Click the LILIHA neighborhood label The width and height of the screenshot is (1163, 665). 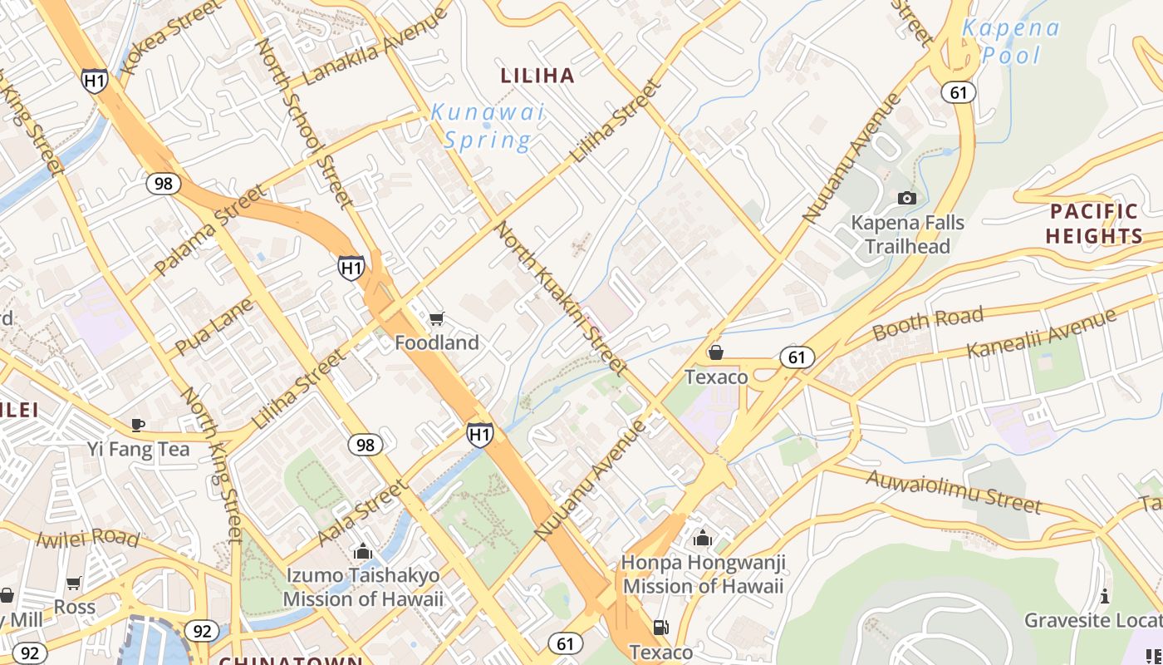[537, 76]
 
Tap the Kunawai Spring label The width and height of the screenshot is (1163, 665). [487, 126]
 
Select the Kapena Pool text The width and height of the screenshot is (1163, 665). [1010, 42]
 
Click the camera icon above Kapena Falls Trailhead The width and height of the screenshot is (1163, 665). [907, 198]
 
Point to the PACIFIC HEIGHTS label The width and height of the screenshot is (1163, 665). [1094, 224]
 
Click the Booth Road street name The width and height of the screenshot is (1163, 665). [928, 325]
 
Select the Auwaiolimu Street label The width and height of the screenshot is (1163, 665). [953, 490]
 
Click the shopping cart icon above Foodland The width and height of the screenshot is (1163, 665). [437, 318]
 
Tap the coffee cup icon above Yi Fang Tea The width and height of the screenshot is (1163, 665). [138, 425]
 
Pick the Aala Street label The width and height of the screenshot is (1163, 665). [362, 513]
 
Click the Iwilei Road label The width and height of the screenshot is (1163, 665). [87, 538]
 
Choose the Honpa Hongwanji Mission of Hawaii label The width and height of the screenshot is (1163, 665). [703, 574]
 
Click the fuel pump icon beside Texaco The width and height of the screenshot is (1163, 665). [660, 628]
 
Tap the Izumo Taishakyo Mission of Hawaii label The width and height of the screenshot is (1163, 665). [363, 587]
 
